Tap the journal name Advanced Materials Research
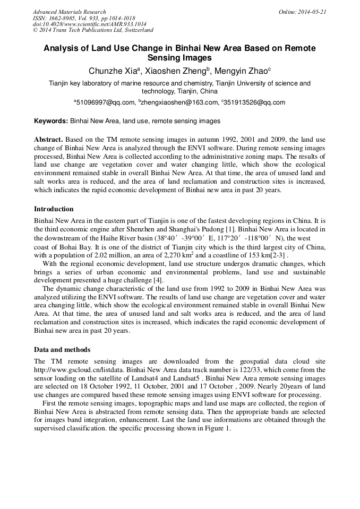pos(70,12)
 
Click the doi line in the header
pos(90,24)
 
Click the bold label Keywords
pos(51,121)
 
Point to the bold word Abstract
pos(48,139)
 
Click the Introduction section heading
pos(54,209)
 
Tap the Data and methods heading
pos(62,350)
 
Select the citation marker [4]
pos(158,280)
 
